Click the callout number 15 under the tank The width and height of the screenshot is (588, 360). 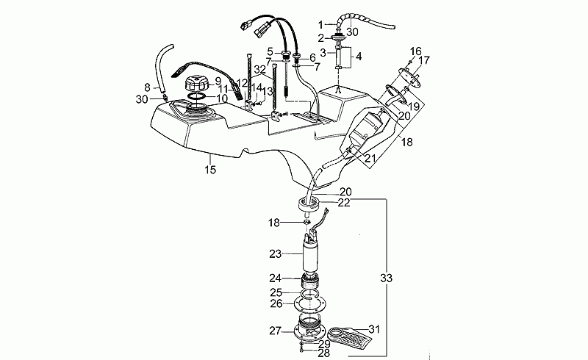(x=210, y=170)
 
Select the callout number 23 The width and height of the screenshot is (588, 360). (x=276, y=254)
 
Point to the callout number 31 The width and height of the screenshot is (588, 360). (x=375, y=329)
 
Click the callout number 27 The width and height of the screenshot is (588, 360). (x=276, y=331)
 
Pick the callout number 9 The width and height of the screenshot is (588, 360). (x=218, y=81)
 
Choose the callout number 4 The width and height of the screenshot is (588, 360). (x=359, y=55)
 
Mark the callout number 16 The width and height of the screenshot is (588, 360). (x=415, y=51)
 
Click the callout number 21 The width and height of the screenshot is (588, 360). (x=370, y=157)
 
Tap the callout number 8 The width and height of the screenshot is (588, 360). (x=147, y=87)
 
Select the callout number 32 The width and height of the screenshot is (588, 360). (x=259, y=69)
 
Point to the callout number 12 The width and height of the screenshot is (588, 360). (x=242, y=83)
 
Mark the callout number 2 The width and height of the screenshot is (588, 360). (x=321, y=37)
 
